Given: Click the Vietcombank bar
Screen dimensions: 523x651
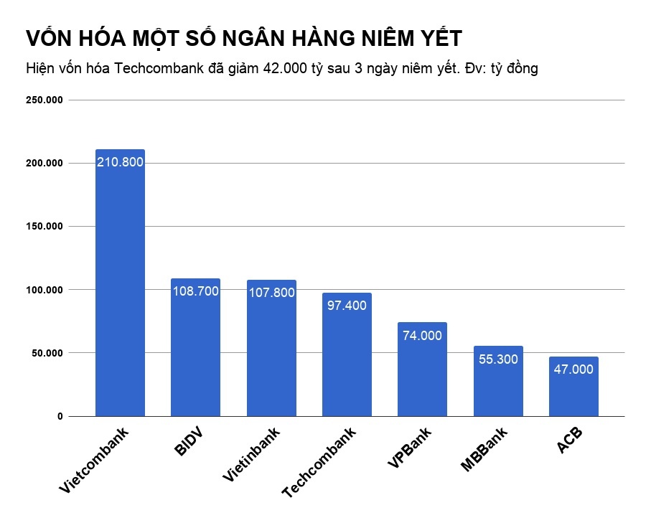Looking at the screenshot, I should (120, 287).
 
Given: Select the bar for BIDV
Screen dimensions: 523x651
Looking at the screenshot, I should (195, 352).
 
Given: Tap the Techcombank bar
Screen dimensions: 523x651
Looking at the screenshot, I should (347, 359).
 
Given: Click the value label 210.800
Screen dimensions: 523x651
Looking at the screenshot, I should (120, 162).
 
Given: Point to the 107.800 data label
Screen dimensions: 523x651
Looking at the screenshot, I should (271, 292).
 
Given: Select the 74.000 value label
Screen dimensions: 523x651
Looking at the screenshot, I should (422, 335).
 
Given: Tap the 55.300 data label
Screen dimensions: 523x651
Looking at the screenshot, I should (498, 359).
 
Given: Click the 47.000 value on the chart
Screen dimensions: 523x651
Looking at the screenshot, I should (573, 369).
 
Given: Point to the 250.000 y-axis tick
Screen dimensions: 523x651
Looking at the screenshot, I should (45, 100).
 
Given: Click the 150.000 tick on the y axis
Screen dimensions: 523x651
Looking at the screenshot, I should (45, 227).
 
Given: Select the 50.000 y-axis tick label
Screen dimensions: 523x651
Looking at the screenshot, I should (47, 353).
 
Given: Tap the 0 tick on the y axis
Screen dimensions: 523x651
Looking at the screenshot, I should (60, 416).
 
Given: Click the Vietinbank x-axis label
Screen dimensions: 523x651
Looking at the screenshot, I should (251, 454).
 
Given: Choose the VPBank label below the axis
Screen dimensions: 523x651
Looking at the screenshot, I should (409, 448).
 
